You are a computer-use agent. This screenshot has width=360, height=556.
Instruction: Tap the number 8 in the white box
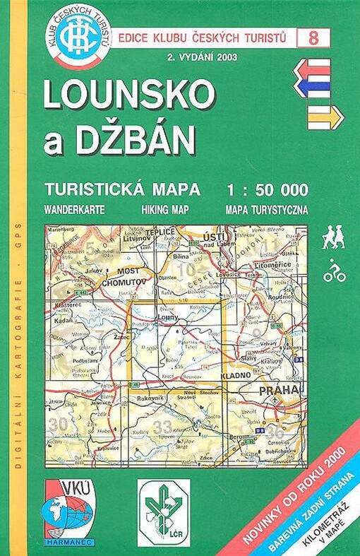[x=312, y=38]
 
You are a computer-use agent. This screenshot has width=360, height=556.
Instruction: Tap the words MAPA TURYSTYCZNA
[x=267, y=210]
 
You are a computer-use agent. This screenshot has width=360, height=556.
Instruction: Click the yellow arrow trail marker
[x=320, y=116]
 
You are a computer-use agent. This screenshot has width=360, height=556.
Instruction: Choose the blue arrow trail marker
[x=312, y=87]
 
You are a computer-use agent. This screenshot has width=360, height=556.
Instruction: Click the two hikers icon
[x=333, y=239]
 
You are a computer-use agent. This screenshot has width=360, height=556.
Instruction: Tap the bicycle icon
[x=334, y=271]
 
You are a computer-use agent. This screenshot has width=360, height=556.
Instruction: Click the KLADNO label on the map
[x=234, y=377]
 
